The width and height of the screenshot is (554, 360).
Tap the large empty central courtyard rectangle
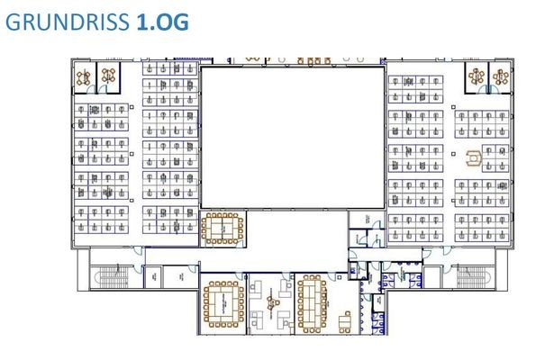[x=290, y=137]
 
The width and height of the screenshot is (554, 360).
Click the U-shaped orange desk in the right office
[x=477, y=160]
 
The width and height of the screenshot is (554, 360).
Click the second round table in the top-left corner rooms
[x=109, y=76]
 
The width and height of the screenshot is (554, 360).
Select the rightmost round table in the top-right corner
[x=500, y=76]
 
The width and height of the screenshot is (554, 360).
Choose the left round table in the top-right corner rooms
[x=476, y=76]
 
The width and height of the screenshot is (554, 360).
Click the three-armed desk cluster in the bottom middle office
[x=269, y=301]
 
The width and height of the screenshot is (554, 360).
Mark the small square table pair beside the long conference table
[x=343, y=318]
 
